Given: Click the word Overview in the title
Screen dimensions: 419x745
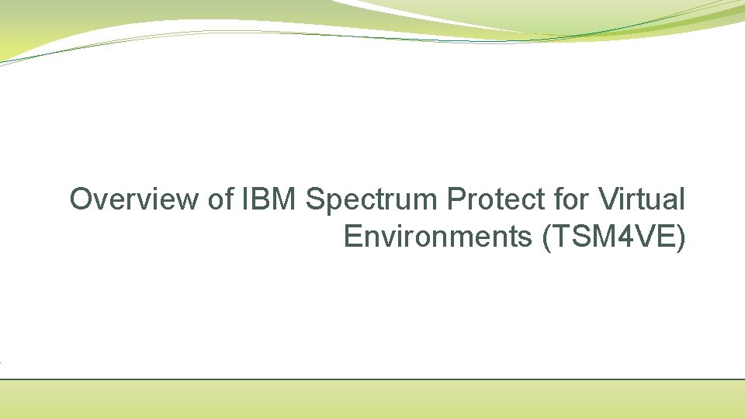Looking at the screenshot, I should tap(134, 200).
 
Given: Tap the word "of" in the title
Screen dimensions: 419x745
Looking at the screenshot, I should tap(220, 200).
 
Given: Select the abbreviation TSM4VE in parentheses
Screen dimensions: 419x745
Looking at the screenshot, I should tap(614, 237).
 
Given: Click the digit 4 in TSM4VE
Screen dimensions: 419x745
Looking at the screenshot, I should tap(623, 237).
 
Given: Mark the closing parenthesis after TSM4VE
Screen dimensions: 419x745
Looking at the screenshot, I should tap(681, 237).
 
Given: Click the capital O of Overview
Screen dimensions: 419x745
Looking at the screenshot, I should tap(81, 200).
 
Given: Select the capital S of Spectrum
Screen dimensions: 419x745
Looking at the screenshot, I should tap(314, 200).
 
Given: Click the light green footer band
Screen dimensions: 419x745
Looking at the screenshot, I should tap(372, 400).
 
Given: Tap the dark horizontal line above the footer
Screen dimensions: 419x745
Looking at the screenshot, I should tap(372, 379).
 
